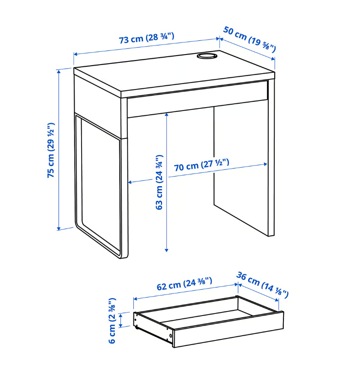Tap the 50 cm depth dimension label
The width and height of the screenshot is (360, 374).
[x=249, y=39]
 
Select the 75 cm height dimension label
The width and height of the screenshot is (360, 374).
[x=51, y=150]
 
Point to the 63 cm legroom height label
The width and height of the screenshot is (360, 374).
[x=159, y=182]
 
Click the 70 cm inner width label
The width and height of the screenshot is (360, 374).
[x=201, y=165]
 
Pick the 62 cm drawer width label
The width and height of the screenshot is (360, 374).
[x=184, y=284]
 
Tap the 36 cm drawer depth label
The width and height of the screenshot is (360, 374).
[x=262, y=285]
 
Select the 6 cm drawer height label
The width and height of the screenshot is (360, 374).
[x=112, y=321]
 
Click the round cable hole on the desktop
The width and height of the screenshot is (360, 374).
[x=207, y=56]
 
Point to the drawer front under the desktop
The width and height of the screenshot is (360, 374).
[x=197, y=99]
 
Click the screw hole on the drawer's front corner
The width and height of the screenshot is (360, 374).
[x=170, y=336]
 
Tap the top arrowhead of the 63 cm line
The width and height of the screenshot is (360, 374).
[x=167, y=115]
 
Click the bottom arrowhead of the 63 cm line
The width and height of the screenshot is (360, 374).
[x=167, y=250]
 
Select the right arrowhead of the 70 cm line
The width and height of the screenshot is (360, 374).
[x=265, y=164]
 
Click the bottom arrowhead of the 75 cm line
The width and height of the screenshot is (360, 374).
[x=59, y=229]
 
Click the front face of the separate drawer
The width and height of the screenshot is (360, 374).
[x=229, y=329]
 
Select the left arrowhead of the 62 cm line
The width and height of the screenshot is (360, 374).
[x=135, y=299]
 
